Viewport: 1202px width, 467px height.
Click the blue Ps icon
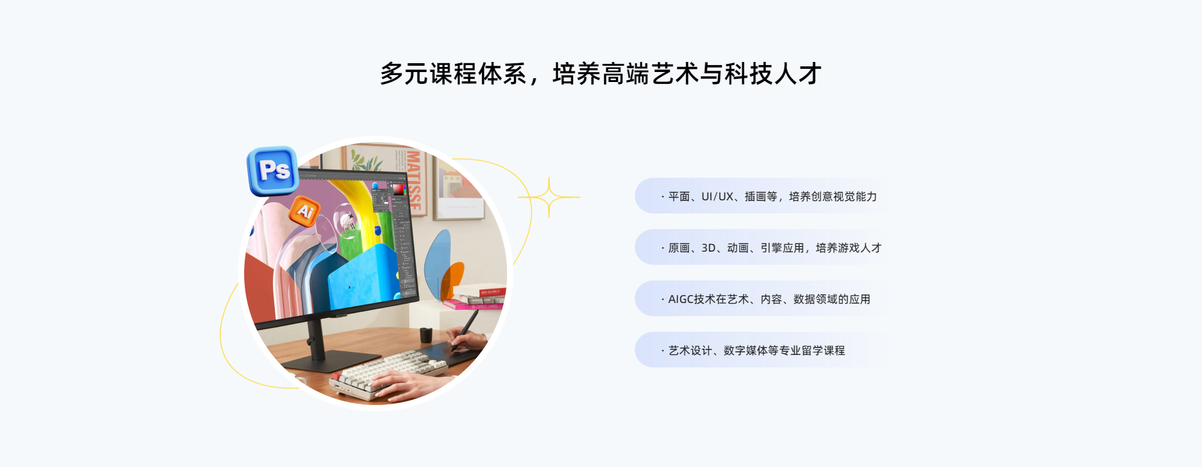273,170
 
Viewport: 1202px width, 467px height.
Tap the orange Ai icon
305,211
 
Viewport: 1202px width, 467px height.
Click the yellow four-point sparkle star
549,197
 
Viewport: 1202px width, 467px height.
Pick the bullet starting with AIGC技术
766,299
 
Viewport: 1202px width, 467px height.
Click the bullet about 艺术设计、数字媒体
753,351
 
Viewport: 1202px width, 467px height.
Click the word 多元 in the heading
404,74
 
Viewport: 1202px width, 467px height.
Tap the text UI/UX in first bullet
717,197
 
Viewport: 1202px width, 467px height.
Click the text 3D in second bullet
709,248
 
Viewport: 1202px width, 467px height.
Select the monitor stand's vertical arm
316,338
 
